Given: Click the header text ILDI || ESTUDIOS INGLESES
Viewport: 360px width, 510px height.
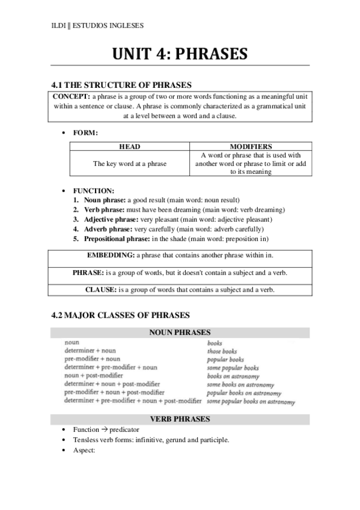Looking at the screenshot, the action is [97, 25].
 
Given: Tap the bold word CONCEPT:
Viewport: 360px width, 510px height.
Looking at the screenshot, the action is [72, 96].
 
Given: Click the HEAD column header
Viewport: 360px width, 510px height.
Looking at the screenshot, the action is [129, 146].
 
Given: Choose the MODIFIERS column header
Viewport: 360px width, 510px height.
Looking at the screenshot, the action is [251, 146].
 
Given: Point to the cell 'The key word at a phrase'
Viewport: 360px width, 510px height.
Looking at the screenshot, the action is [129, 163].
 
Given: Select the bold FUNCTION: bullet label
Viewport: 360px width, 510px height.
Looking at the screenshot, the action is [94, 191].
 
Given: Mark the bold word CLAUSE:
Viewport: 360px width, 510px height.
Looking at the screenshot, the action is [100, 290].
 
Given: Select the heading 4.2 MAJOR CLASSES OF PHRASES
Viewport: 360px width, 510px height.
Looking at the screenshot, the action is [121, 315].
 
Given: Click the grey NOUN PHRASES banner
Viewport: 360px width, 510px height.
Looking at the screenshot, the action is [180, 332].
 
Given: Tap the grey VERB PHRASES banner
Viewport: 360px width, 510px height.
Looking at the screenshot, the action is [180, 419].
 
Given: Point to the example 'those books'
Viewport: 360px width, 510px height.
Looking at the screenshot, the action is [222, 351].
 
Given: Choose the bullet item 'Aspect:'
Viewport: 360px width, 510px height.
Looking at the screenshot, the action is [84, 449].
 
